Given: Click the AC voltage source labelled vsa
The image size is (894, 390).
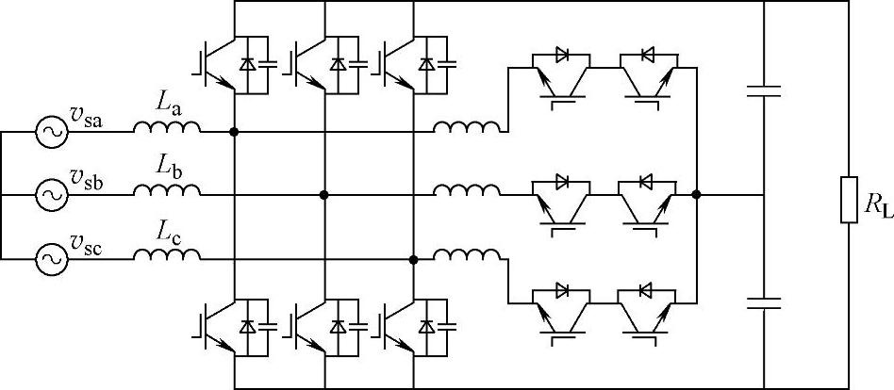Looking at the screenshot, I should pos(50,133).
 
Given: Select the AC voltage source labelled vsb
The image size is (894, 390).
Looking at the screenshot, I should pos(50,195).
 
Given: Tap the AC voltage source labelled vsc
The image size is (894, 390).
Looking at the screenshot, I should pos(50,257).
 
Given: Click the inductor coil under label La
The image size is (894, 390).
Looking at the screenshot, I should pos(166,128).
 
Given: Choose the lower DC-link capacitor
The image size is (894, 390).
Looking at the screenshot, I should pos(763,302).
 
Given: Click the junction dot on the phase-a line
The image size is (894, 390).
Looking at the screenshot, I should pos(234,133).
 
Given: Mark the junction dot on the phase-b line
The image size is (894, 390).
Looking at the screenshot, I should pos(323,195).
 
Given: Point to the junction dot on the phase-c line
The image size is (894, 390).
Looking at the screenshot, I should pos(413,258).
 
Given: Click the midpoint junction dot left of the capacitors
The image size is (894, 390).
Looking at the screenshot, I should pos(696,195).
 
